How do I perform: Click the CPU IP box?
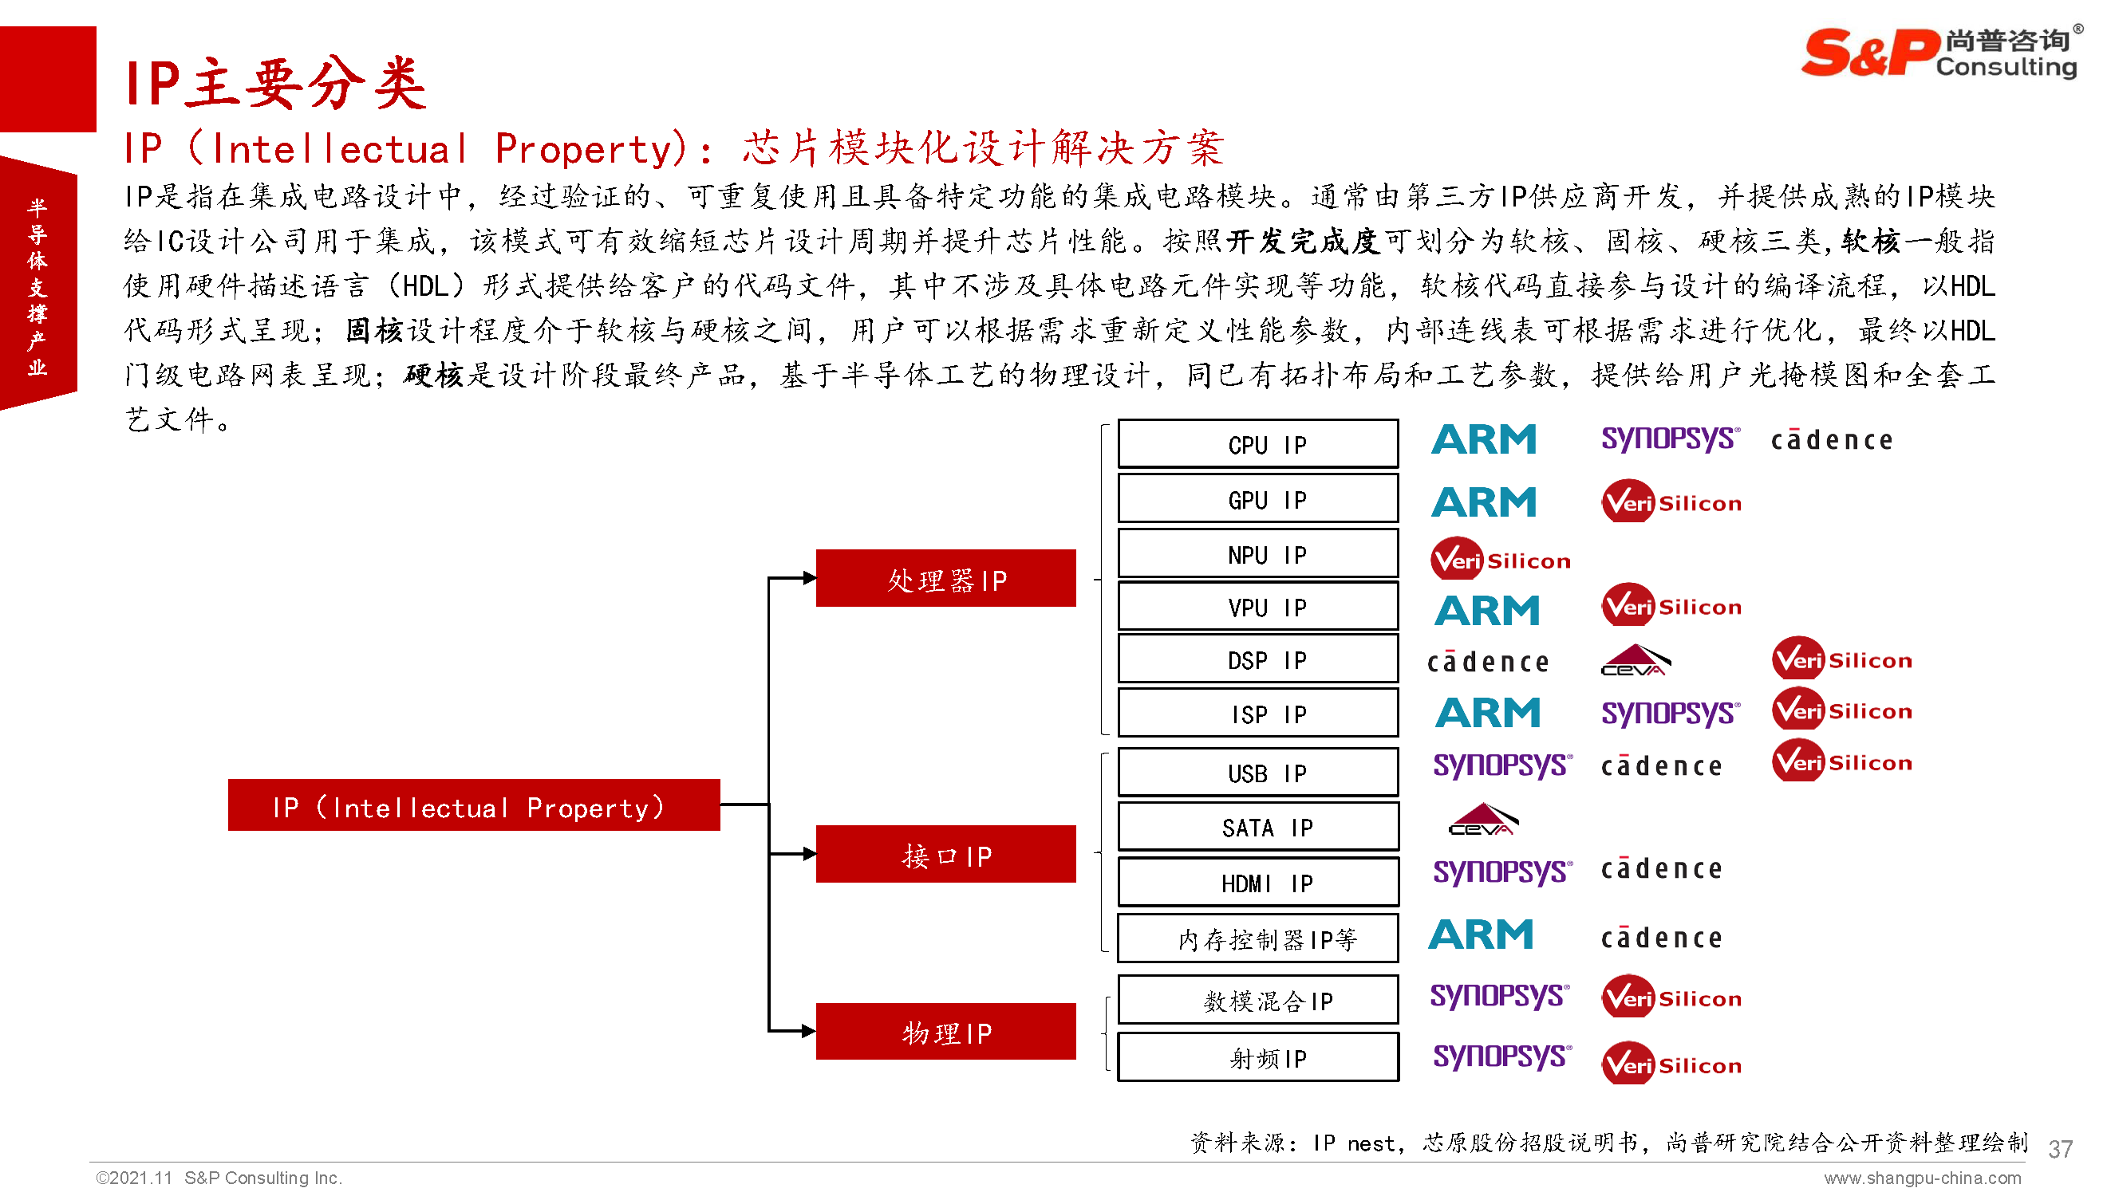coord(1257,443)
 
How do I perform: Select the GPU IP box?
coord(1257,498)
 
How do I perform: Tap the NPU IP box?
coord(1257,553)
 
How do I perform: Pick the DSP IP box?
coord(1257,659)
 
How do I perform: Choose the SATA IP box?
coord(1257,826)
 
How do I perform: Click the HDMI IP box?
coord(1257,882)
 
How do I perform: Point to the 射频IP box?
coord(1257,1057)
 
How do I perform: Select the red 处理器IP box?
coord(945,578)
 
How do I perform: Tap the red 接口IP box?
coord(945,854)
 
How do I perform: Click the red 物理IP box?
coord(945,1031)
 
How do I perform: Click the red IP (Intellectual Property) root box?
coord(473,805)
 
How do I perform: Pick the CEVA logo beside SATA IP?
coord(1482,820)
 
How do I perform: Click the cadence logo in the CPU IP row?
coord(1831,440)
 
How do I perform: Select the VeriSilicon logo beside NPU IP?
coord(1500,560)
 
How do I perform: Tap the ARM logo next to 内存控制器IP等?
coord(1481,934)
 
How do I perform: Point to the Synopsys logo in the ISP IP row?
coord(1670,712)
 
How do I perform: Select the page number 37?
coord(2059,1148)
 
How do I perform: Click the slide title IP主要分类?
coord(276,84)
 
